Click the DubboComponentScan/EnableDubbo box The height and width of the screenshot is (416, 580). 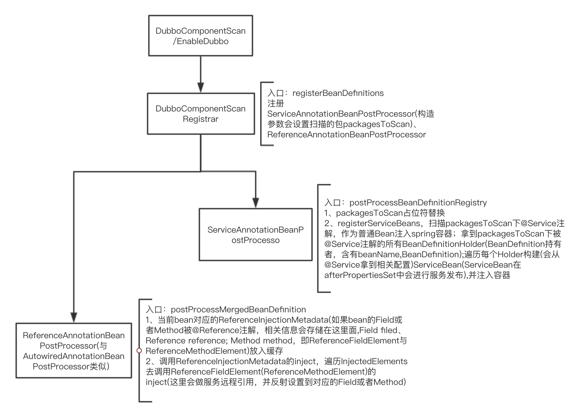click(x=200, y=36)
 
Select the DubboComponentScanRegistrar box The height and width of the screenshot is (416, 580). click(x=201, y=114)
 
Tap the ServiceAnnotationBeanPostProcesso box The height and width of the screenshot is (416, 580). click(x=255, y=235)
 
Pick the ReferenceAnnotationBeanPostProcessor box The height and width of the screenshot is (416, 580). click(x=74, y=351)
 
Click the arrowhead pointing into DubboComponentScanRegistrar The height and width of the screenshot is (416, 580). click(x=201, y=88)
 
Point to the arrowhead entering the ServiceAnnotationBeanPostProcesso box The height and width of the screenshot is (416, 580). click(x=256, y=203)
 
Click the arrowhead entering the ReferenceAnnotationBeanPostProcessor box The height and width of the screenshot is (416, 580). click(x=74, y=318)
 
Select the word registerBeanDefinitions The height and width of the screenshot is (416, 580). click(x=338, y=93)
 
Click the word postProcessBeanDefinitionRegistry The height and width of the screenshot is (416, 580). click(x=418, y=203)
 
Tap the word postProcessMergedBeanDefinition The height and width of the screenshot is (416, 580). click(x=238, y=310)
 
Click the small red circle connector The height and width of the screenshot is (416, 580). click(x=139, y=351)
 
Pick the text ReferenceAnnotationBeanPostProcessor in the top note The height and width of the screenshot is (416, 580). click(x=346, y=135)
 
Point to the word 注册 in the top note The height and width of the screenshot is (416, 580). click(x=275, y=104)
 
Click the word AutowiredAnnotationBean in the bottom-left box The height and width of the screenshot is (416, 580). click(x=74, y=356)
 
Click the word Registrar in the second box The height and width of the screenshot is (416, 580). click(x=201, y=119)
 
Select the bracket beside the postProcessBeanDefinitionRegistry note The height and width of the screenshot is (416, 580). click(x=318, y=238)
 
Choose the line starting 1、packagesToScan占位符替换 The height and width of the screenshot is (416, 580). click(x=385, y=213)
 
